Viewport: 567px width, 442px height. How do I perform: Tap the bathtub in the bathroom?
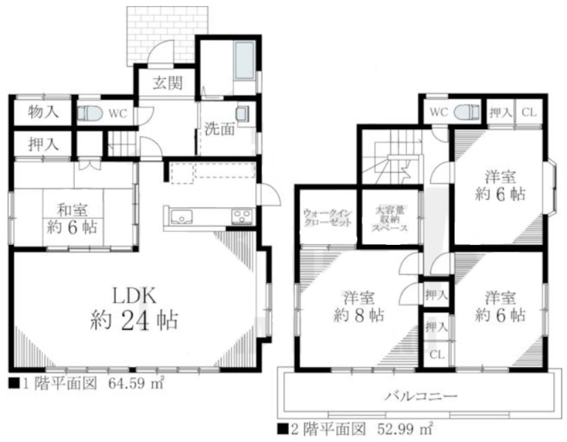[x=245, y=61]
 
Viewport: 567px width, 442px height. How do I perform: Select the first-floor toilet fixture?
[x=89, y=113]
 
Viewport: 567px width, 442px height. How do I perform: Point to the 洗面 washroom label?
[x=219, y=129]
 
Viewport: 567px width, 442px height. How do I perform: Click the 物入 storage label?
[x=43, y=112]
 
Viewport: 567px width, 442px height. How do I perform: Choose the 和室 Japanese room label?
[x=71, y=211]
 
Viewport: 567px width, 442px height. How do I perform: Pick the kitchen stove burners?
[x=242, y=216]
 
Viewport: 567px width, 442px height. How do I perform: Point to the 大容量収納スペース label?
[x=390, y=218]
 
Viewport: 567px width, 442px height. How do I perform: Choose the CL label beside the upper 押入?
[x=528, y=113]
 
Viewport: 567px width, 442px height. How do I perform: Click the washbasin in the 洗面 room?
[x=243, y=113]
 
